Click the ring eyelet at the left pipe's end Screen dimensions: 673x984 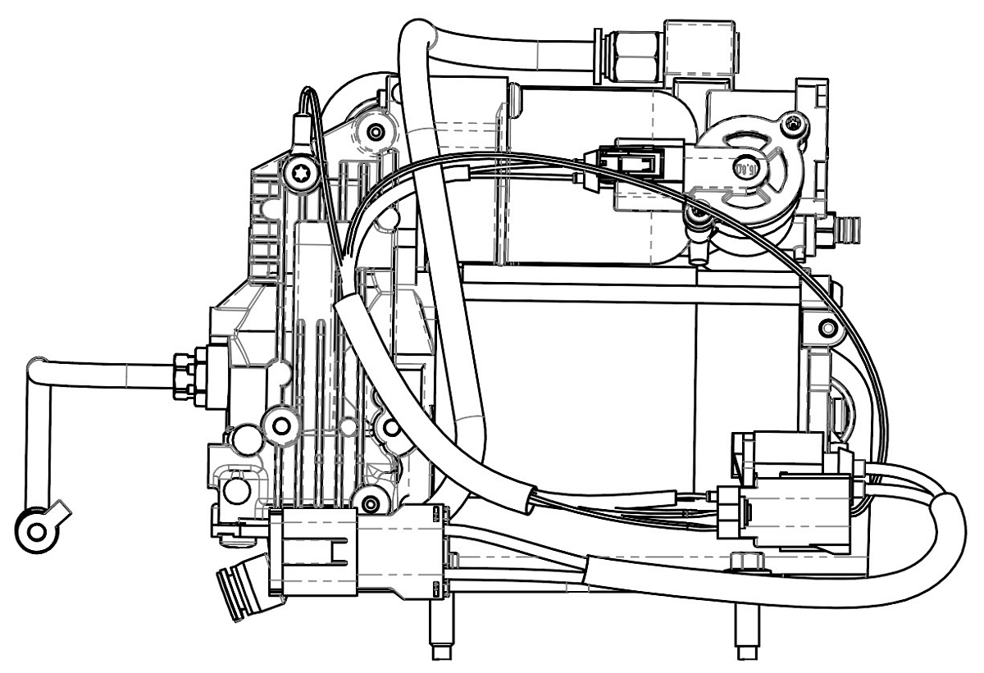37,530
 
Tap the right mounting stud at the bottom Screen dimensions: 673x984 746,636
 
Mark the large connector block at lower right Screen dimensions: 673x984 791,492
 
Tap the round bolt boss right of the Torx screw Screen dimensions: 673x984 376,131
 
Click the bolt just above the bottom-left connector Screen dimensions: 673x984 371,502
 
